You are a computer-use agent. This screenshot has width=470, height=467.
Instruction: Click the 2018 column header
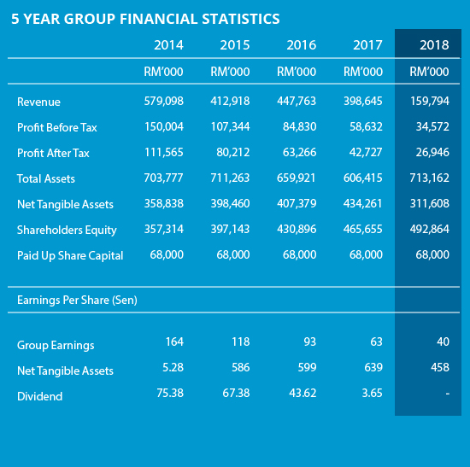coord(434,45)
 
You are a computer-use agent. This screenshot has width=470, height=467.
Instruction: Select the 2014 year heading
coord(168,45)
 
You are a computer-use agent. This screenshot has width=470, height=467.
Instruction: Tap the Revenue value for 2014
coord(164,101)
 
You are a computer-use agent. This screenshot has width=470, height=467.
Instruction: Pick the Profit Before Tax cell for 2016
coord(299,126)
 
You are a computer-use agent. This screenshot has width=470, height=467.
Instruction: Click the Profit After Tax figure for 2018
coord(432,153)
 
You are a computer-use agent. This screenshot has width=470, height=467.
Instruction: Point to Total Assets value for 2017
coord(362,178)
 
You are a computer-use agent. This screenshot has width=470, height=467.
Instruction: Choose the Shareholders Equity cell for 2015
coord(230,229)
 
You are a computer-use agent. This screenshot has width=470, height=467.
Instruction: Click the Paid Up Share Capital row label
coord(70,256)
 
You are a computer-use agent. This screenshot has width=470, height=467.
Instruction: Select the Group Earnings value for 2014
coord(174,341)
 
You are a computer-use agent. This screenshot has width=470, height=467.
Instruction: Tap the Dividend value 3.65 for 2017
coord(372,393)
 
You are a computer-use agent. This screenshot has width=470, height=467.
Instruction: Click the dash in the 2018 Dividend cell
coord(447,394)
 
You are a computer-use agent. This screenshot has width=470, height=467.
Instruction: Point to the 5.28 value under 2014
coord(173,367)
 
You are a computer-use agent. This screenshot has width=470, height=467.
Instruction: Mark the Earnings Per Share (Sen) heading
coord(77,301)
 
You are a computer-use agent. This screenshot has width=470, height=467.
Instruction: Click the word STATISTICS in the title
coord(241,19)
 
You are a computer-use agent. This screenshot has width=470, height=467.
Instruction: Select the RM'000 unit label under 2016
coord(297,72)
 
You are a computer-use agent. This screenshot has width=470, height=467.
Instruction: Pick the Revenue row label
coord(38,102)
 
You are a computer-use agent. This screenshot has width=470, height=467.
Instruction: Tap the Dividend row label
coord(40,397)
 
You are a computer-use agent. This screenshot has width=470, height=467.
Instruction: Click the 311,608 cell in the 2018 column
coord(430,204)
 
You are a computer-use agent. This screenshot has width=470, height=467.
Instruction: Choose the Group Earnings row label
coord(56,346)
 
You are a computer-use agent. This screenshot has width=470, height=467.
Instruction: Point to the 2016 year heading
coord(302,45)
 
